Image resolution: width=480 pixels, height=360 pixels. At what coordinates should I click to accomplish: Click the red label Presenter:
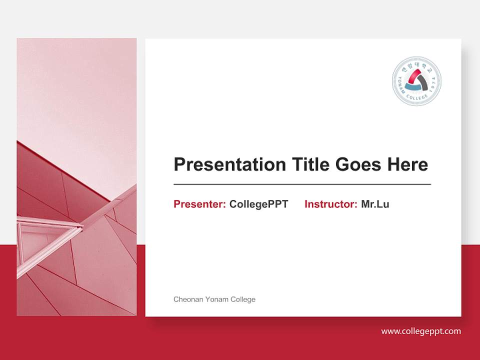tap(199, 204)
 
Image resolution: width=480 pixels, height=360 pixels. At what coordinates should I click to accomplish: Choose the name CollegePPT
tap(258, 204)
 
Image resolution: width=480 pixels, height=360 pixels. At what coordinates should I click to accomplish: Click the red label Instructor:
tap(330, 204)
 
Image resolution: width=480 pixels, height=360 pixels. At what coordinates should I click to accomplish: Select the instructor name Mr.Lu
tap(375, 204)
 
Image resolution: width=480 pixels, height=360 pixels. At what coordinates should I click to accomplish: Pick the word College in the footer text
tap(242, 299)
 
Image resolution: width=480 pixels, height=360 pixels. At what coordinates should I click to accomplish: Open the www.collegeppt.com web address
tap(421, 331)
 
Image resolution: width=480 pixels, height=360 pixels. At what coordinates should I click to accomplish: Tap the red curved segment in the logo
tap(414, 75)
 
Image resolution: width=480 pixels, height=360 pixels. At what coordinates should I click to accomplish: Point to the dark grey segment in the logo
tap(424, 81)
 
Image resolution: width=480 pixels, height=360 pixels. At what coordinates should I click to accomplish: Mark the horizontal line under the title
tap(302, 184)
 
